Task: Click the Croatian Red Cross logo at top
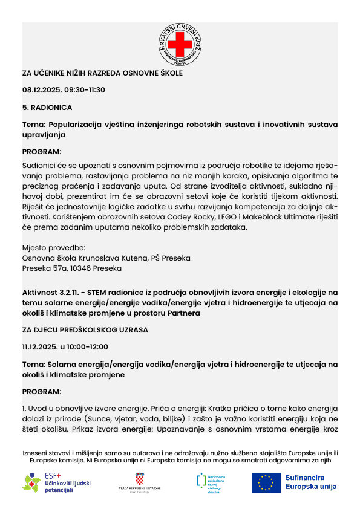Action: [x=180, y=45]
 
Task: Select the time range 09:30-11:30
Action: [x=85, y=90]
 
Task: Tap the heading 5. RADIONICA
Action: [x=47, y=107]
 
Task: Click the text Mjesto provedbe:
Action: [x=53, y=247]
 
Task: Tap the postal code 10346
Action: [x=76, y=268]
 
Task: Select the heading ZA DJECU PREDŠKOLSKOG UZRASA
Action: [x=85, y=330]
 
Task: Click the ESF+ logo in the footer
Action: [x=56, y=482]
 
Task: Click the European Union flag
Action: [x=266, y=482]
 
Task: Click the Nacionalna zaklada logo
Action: [x=210, y=482]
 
